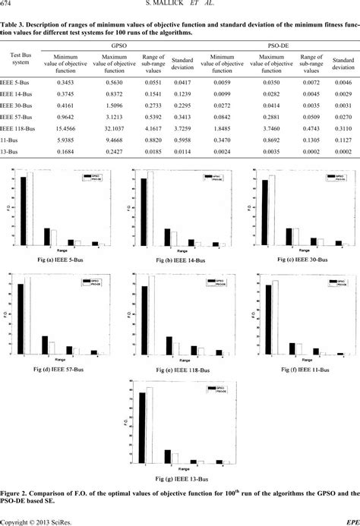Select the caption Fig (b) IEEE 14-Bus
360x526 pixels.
click(180, 260)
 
